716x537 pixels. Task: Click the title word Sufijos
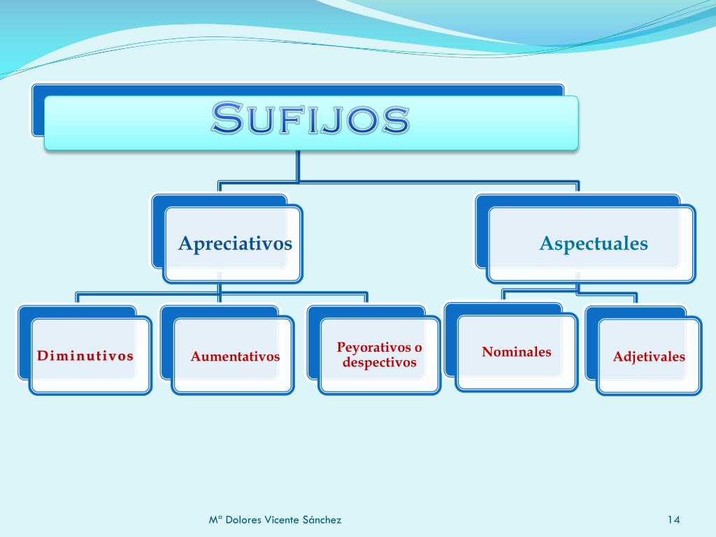coord(310,120)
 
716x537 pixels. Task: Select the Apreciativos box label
coord(235,243)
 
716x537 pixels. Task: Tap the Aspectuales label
coord(594,243)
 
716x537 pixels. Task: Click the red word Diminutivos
coord(85,356)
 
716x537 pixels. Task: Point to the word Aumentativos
coord(235,357)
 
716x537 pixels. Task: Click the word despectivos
coord(380,362)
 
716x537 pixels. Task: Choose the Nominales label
coord(516,352)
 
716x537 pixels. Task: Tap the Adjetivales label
coord(649,357)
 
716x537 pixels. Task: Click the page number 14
coord(673,520)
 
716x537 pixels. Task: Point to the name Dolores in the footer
coord(245,520)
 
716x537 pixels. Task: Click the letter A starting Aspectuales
coord(547,243)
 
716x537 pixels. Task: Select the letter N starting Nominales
coord(487,352)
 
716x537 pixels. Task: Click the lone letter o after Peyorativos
coord(418,348)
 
